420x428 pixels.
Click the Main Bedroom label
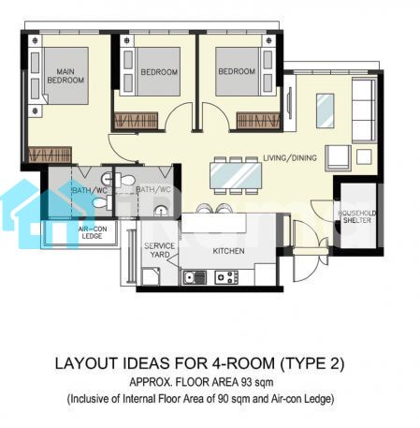coord(65,76)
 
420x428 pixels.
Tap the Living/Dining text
coord(290,157)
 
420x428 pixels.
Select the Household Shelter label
coord(357,216)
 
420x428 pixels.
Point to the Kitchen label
coord(228,251)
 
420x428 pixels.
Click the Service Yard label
coord(159,250)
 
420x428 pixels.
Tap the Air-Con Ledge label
coord(93,232)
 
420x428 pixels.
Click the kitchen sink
coord(195,277)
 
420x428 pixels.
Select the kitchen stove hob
coord(226,277)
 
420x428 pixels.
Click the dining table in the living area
coord(236,175)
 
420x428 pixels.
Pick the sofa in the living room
coord(364,111)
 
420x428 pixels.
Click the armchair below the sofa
coord(338,158)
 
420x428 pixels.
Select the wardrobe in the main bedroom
coord(50,155)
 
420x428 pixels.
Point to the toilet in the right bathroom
coord(124,180)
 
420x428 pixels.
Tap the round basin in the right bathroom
coord(161,211)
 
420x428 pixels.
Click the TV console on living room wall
coord(290,103)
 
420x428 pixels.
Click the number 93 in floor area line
coord(250,382)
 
